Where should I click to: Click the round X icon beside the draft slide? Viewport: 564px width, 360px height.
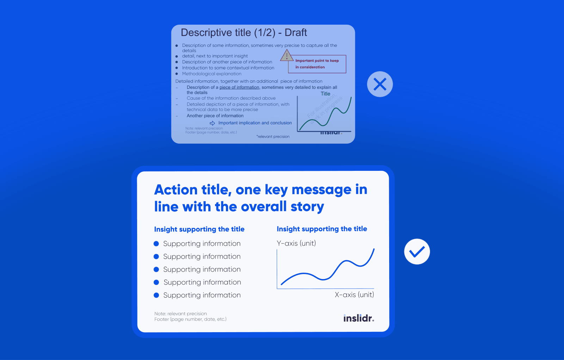[380, 84]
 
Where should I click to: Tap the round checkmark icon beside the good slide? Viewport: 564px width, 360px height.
[417, 252]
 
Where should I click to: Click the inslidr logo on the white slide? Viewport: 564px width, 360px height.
[358, 318]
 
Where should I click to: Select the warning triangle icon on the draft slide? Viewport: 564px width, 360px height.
[287, 55]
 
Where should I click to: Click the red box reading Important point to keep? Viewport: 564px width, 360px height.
[317, 64]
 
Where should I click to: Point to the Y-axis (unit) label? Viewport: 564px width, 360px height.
[296, 243]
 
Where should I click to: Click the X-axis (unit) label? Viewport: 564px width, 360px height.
[354, 295]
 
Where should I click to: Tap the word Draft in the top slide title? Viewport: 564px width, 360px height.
[296, 33]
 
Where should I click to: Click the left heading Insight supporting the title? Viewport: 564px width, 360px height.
[199, 229]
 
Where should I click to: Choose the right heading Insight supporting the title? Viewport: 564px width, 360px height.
[322, 229]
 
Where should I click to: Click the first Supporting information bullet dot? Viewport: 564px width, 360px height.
[157, 244]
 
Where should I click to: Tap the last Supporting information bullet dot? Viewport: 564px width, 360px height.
[157, 295]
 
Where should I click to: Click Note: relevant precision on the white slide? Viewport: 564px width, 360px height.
[180, 314]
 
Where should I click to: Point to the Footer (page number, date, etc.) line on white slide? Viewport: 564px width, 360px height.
[190, 319]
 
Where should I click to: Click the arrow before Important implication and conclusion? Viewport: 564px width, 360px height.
[213, 123]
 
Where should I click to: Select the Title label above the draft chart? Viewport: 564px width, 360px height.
[325, 94]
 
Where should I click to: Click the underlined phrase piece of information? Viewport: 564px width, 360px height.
[239, 87]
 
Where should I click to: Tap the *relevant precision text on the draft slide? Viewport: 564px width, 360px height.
[273, 137]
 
